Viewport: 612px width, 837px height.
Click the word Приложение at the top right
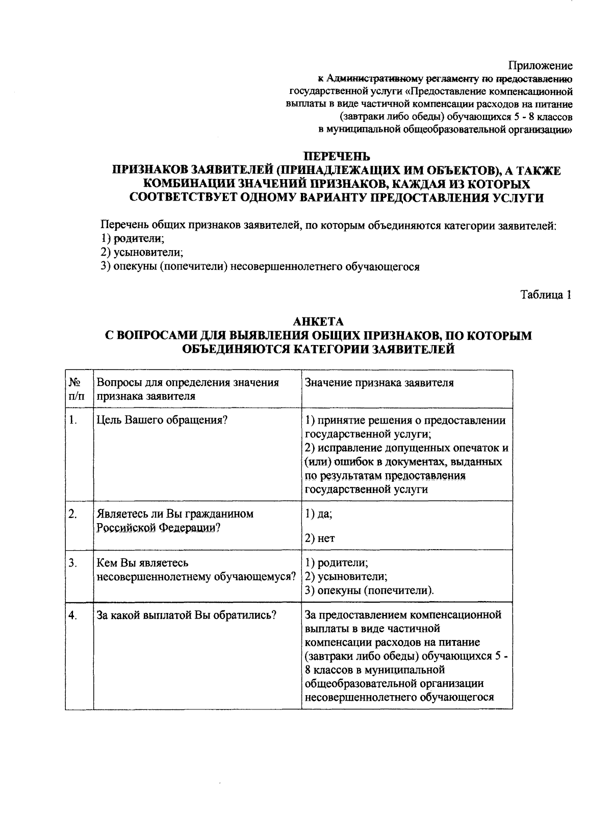[540, 66]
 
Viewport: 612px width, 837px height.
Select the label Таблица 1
[545, 294]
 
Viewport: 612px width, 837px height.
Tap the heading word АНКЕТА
[318, 322]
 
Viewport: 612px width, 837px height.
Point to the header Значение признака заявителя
[379, 383]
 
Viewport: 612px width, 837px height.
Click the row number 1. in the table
[73, 420]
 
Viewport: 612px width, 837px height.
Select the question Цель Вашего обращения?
[162, 420]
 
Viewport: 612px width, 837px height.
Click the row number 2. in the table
[73, 514]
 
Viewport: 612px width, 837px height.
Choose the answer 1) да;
[318, 514]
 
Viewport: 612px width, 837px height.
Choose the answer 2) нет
[320, 538]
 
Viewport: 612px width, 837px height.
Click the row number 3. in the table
[73, 563]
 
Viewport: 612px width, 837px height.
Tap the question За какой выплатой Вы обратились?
[186, 615]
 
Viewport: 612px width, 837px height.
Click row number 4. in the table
[73, 616]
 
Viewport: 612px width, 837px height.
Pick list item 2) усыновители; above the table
[142, 252]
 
